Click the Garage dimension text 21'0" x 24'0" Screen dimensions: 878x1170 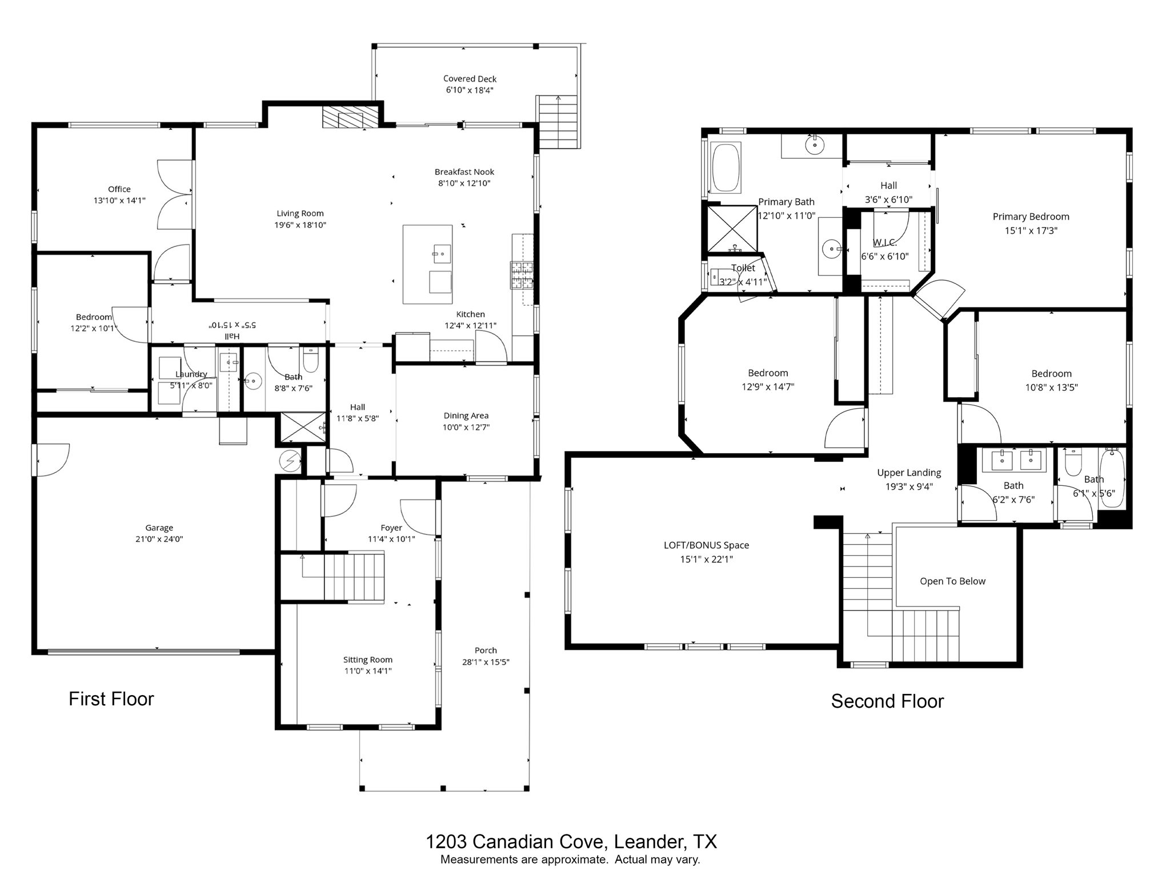point(159,539)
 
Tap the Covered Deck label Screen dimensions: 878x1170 point(470,79)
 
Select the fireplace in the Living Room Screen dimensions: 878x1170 point(350,117)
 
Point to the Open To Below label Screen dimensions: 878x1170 point(952,581)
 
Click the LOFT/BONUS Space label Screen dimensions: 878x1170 point(706,545)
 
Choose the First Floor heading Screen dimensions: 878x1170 point(111,699)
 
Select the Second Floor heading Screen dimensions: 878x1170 point(887,701)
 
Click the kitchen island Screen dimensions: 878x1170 point(427,264)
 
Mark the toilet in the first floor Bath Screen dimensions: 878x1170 point(311,361)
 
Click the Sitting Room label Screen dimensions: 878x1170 point(367,660)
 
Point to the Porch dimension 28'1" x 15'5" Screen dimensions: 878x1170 point(486,663)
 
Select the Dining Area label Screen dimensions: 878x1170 point(466,416)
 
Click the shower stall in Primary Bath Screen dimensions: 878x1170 point(732,229)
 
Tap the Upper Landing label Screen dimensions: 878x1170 point(909,473)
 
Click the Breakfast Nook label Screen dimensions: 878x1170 point(464,171)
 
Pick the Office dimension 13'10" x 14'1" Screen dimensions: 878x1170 point(119,201)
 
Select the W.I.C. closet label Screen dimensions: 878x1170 point(884,243)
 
